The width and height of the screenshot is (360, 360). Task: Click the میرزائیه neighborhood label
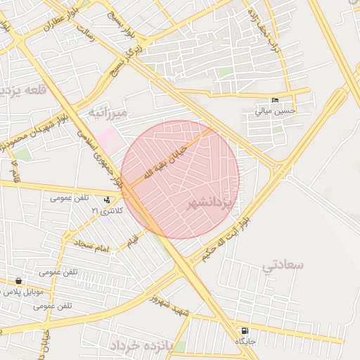point(106,112)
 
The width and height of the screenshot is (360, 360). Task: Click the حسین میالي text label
point(275,111)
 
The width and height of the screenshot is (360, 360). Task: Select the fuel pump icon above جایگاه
point(244,330)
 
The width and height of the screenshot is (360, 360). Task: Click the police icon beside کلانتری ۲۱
point(107,200)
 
